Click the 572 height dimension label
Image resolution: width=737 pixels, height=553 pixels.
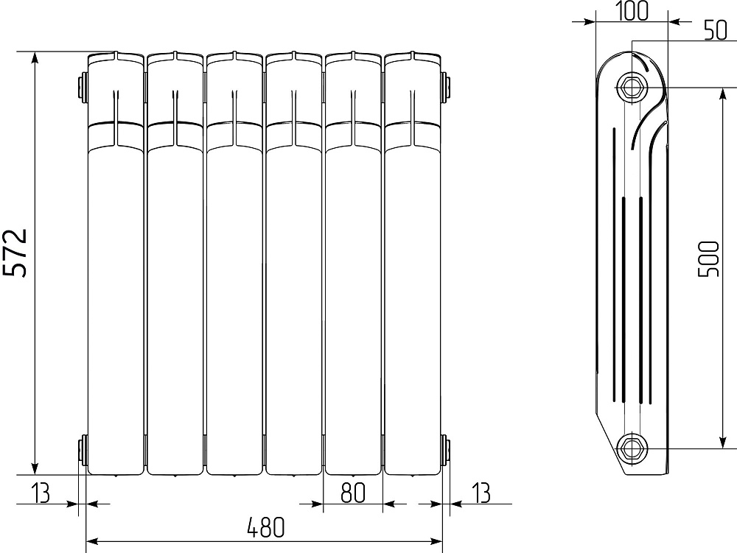(15, 253)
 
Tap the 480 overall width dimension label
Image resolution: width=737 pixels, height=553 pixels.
(265, 527)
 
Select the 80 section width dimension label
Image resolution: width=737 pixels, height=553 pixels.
(352, 493)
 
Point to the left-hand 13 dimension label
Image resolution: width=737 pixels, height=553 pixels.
(41, 493)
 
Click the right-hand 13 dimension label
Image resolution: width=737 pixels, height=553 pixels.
(481, 493)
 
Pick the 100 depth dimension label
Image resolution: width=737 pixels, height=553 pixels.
(632, 12)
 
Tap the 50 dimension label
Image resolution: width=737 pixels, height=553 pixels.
(715, 30)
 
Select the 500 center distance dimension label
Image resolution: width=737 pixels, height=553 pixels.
(709, 259)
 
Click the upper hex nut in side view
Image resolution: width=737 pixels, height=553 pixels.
(632, 88)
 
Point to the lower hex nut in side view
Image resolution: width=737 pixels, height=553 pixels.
(632, 448)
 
